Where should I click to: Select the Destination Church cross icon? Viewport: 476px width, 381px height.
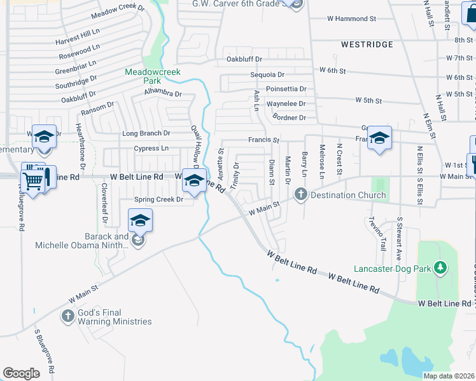(x=302, y=195)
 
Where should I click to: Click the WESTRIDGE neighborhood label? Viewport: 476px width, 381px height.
(x=367, y=44)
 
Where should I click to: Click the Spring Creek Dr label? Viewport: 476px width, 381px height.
(x=158, y=199)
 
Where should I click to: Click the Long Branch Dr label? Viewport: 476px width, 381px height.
(x=146, y=133)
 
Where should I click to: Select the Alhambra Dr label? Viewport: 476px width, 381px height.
(x=163, y=93)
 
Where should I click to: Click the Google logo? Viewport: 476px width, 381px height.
(x=21, y=373)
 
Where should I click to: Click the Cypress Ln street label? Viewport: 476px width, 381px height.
(x=151, y=149)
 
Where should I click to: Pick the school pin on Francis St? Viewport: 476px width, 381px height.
(x=379, y=138)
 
